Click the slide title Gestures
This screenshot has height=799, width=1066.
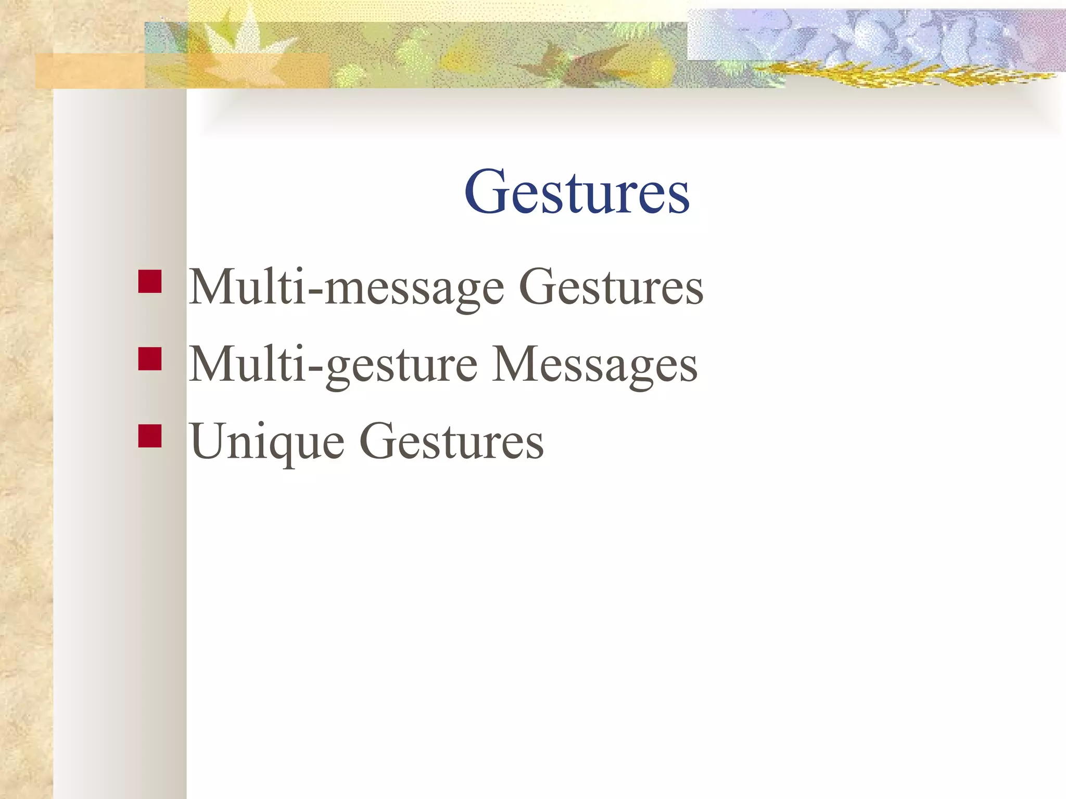[x=577, y=192]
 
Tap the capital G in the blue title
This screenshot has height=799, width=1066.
[x=486, y=191]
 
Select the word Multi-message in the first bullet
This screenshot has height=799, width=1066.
[x=346, y=287]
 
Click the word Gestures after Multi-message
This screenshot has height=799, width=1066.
[x=611, y=287]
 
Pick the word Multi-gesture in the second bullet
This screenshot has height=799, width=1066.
[x=333, y=365]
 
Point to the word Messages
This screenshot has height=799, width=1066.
[x=594, y=365]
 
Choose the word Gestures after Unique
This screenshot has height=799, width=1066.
[x=452, y=442]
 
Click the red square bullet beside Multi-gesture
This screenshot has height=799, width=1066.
[x=150, y=359]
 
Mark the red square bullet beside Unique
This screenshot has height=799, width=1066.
[x=150, y=436]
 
